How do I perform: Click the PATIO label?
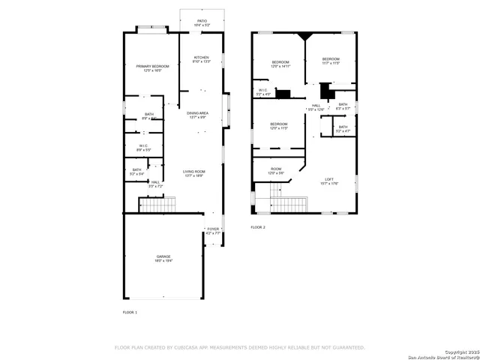tap(202, 23)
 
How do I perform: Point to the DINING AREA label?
tap(198, 115)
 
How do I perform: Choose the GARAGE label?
tap(163, 259)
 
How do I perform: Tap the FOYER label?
tap(213, 231)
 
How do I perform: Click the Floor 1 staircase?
tap(157, 205)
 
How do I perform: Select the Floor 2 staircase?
tap(289, 204)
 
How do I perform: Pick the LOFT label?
tap(328, 181)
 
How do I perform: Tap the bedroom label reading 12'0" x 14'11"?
tap(280, 64)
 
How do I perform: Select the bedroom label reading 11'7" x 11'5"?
tap(331, 61)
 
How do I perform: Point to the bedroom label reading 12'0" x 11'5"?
tap(279, 125)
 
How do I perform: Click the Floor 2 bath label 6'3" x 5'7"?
tap(343, 106)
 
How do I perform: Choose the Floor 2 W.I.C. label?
tap(263, 92)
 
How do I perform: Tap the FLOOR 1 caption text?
tap(130, 311)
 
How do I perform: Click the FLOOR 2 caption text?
tap(258, 226)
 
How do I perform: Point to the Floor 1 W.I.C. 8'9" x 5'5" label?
tap(142, 148)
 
